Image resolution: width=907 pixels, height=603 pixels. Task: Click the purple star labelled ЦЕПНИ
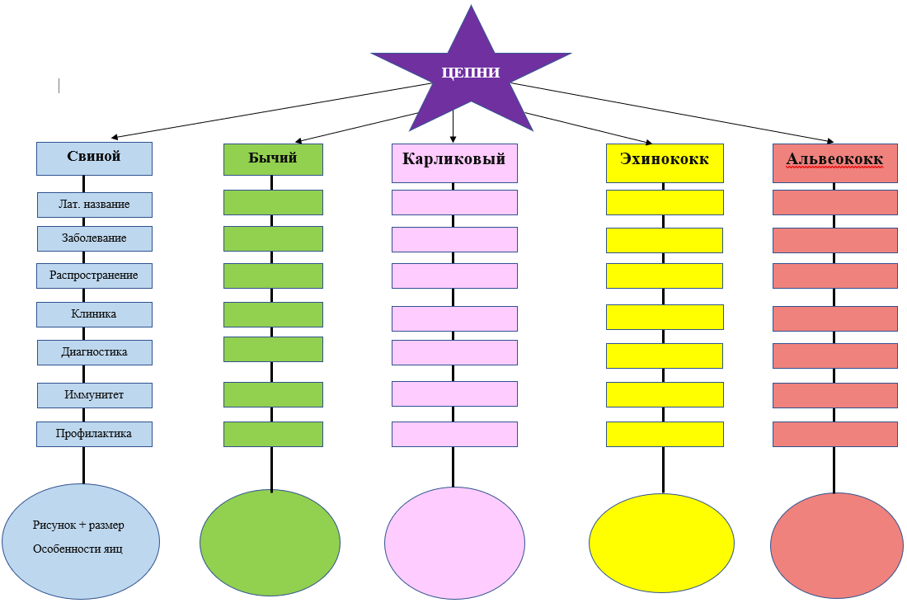click(x=471, y=74)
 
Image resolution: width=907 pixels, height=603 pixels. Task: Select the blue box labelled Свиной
click(x=94, y=158)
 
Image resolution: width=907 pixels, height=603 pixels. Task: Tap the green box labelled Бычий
click(x=273, y=159)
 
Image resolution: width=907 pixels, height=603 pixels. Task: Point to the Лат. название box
click(x=94, y=204)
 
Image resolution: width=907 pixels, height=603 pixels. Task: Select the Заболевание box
click(x=94, y=238)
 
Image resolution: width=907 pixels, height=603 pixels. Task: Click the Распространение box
click(x=94, y=276)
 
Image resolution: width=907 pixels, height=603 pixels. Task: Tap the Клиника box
click(x=94, y=314)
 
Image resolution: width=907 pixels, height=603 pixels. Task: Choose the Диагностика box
click(x=94, y=352)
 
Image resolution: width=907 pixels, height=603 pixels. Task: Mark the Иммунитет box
click(x=94, y=395)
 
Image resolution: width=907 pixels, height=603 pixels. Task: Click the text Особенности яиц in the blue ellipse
click(x=78, y=549)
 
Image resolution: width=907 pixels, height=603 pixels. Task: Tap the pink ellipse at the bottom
click(x=454, y=542)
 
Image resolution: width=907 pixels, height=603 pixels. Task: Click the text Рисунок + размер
click(x=78, y=525)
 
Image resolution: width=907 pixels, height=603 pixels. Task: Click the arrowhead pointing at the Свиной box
click(x=116, y=137)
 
